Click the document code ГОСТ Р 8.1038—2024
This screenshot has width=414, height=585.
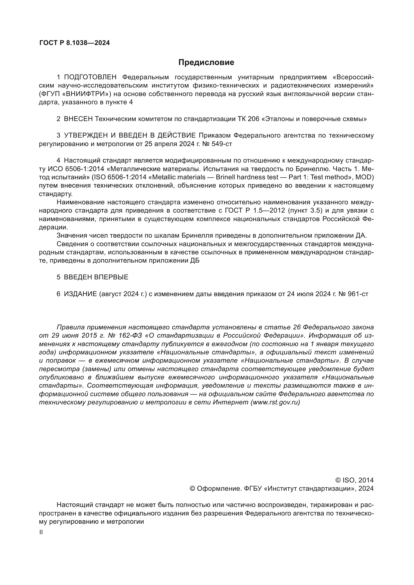click(x=75, y=43)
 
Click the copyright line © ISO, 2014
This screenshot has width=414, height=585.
click(x=354, y=480)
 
